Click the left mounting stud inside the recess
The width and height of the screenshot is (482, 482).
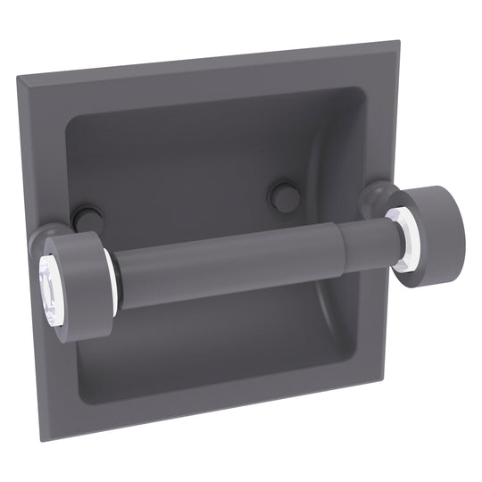pos(87,218)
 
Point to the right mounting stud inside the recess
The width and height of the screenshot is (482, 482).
pos(283,196)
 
